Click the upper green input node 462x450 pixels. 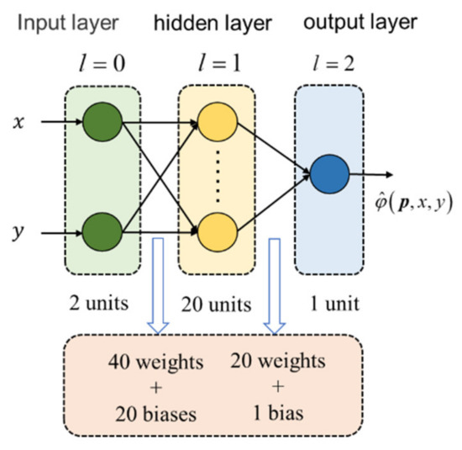tap(103, 119)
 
